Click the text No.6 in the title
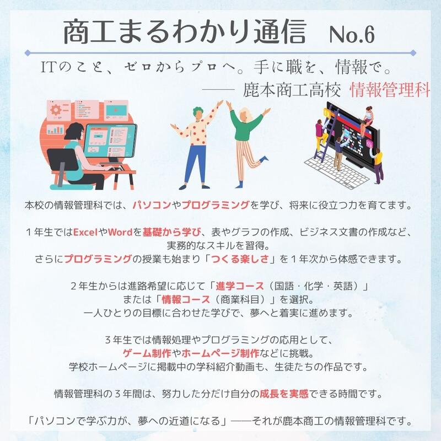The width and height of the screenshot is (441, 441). tap(352, 34)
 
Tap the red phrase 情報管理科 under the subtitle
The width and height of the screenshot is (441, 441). tap(390, 90)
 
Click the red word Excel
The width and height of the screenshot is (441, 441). tap(85, 232)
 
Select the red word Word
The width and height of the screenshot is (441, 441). tap(120, 232)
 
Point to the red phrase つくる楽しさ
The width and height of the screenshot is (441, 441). tap(240, 259)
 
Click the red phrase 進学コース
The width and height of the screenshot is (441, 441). tap(240, 286)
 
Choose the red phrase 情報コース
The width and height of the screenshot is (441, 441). tap(186, 299)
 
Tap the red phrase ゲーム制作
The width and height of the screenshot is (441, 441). tap(147, 353)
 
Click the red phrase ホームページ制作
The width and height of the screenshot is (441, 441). tap(220, 353)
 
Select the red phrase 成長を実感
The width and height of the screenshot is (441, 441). tap(284, 394)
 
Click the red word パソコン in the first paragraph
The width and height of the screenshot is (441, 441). tap(152, 205)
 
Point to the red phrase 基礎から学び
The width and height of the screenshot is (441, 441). tap(172, 232)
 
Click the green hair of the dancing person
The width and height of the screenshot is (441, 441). tap(197, 111)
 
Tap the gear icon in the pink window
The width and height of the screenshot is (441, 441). tap(56, 110)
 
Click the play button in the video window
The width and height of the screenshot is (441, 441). tap(116, 110)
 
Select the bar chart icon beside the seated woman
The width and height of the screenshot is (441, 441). tap(55, 130)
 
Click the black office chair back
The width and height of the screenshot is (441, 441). tap(62, 159)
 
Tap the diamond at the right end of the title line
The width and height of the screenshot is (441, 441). tap(413, 52)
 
